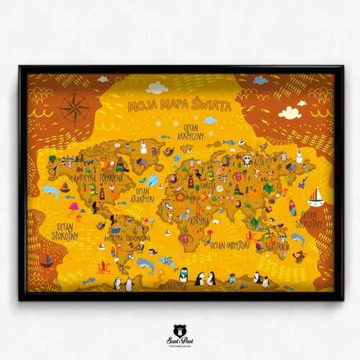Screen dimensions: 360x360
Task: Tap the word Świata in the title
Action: (x=212, y=105)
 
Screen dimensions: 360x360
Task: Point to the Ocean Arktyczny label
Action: (x=194, y=131)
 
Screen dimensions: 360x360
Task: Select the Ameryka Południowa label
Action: (x=127, y=237)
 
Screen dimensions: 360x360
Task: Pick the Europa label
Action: (x=207, y=185)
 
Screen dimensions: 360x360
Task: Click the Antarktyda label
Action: (x=174, y=286)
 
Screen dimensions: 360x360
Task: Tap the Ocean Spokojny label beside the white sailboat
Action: (x=308, y=219)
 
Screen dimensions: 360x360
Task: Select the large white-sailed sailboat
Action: (x=315, y=196)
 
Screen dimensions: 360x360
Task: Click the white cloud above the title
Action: (x=157, y=88)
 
